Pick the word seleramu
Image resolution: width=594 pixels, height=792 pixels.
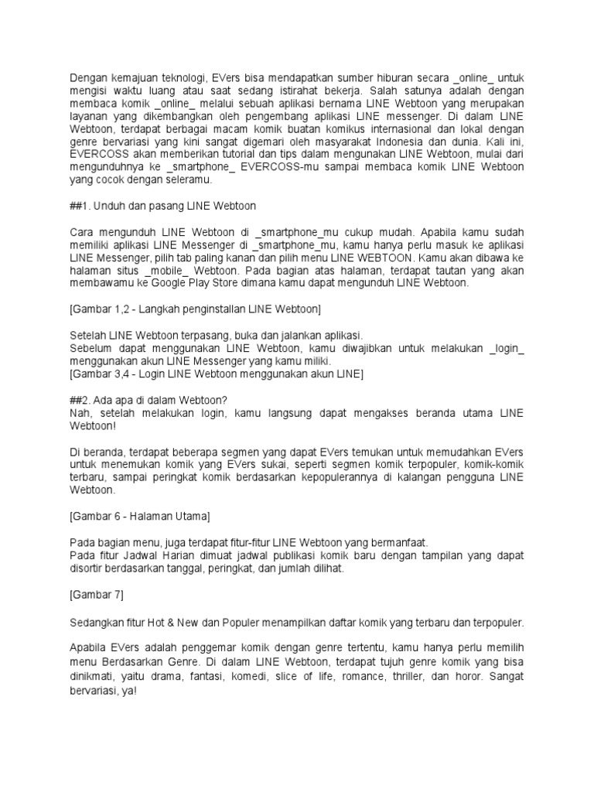189,180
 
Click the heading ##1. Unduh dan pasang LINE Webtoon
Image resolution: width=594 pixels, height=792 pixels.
162,206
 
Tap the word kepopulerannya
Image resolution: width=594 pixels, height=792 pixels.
341,477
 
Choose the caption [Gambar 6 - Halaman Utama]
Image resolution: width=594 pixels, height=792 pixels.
140,516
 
